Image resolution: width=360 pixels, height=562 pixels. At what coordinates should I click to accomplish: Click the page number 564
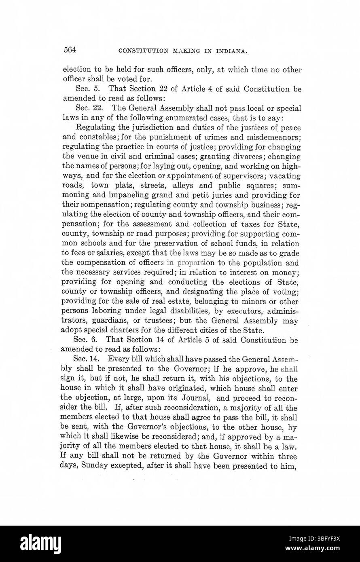coord(70,50)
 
